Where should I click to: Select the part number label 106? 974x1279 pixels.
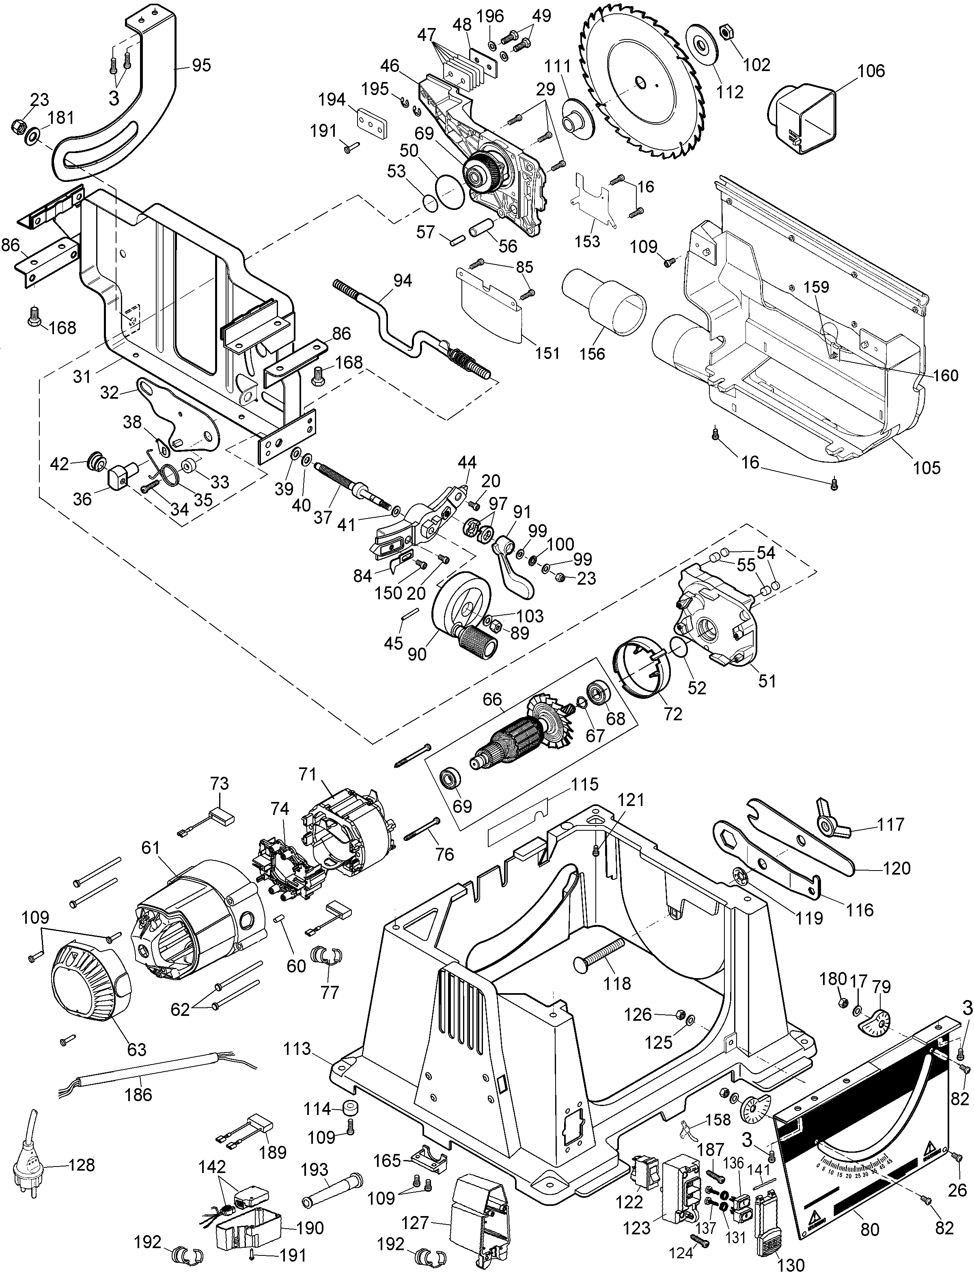pyautogui.click(x=871, y=71)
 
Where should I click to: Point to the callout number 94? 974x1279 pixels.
pyautogui.click(x=402, y=281)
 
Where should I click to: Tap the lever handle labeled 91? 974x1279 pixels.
pyautogui.click(x=514, y=571)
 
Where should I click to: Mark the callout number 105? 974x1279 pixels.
pyautogui.click(x=927, y=467)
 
